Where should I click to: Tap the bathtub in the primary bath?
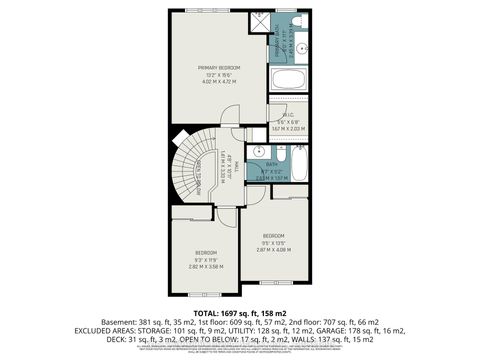point(288,79)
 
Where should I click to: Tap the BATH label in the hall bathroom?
point(272,164)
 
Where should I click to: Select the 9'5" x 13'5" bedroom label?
point(273,241)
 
